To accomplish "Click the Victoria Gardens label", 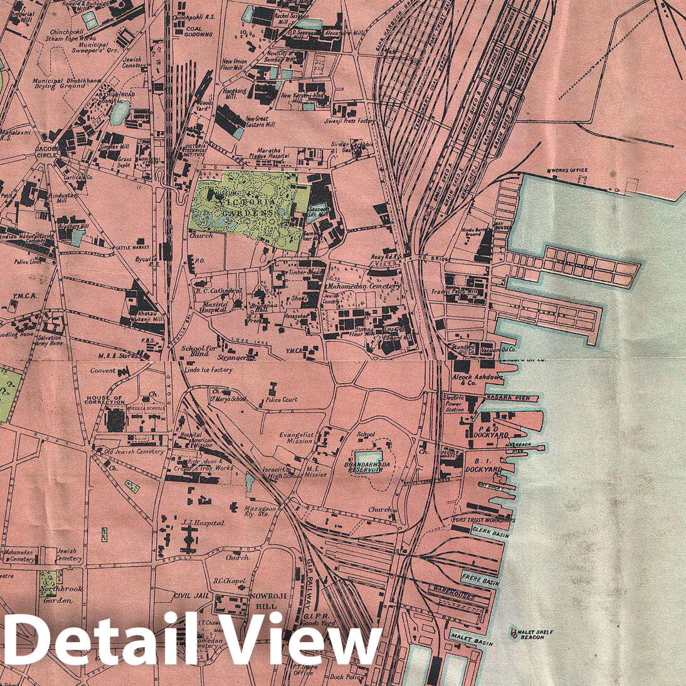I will (x=246, y=208).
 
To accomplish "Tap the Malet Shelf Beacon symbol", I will (x=514, y=633).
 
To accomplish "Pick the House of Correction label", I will (x=105, y=401).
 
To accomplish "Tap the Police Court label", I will (x=281, y=399).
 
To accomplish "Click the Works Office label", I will (x=567, y=170).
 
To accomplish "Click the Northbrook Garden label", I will (x=55, y=595).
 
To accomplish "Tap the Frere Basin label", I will (x=480, y=580).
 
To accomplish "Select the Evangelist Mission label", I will (x=296, y=437).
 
